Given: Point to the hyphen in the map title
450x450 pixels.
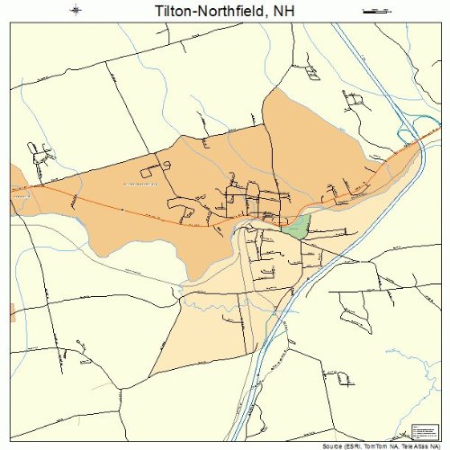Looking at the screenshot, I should coord(198,11).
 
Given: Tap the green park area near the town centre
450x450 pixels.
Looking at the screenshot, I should coord(296,224).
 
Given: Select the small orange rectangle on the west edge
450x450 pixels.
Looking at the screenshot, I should coord(12,311).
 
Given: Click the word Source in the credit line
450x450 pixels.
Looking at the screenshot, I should coord(328,445).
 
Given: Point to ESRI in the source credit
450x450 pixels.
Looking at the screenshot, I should coord(351,445).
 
